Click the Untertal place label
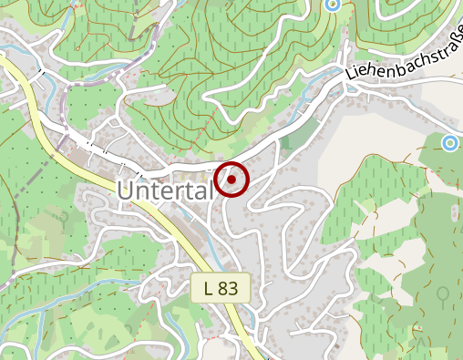(x=165, y=190)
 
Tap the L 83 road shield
(x=221, y=289)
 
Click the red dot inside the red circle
(x=233, y=180)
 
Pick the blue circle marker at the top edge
(x=332, y=5)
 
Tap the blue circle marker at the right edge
(x=449, y=142)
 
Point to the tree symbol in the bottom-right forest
(x=442, y=294)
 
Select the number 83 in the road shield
(x=228, y=289)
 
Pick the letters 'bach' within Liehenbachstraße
(x=399, y=65)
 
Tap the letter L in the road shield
(x=209, y=289)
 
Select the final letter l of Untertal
(x=210, y=189)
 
